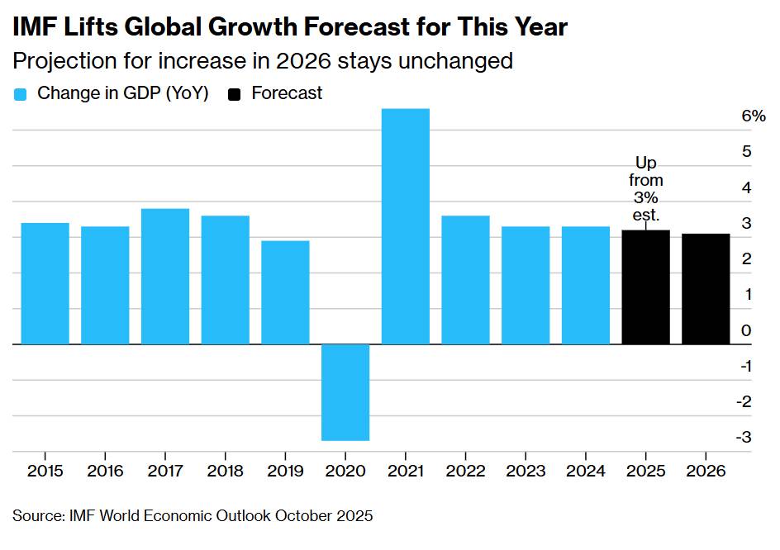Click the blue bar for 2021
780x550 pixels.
406,226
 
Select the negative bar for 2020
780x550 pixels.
345,392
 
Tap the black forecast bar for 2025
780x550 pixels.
645,287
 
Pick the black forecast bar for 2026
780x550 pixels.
706,289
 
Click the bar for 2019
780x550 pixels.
285,292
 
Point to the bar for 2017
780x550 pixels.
165,277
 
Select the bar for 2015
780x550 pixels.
45,283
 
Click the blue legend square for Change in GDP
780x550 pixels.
20,94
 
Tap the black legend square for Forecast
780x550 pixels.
234,94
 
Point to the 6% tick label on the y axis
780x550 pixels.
753,116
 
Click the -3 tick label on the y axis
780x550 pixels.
744,437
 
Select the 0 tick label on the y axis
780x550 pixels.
746,330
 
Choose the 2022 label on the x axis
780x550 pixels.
465,471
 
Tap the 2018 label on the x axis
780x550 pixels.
225,471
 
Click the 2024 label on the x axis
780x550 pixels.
586,471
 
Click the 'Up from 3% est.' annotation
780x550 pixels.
645,188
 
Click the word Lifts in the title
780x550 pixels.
91,26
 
